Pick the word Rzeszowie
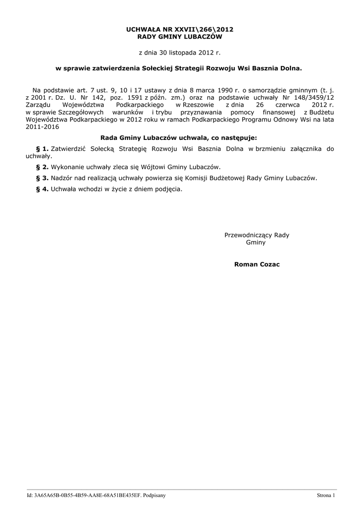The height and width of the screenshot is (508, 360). click(x=198, y=106)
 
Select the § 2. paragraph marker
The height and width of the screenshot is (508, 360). click(x=42, y=167)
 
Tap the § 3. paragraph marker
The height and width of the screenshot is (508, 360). click(x=42, y=178)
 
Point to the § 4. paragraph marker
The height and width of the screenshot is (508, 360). click(x=42, y=189)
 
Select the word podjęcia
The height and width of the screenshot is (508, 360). click(x=167, y=189)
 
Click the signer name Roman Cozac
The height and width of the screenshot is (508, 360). click(x=257, y=264)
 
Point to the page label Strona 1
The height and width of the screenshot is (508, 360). click(x=326, y=496)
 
